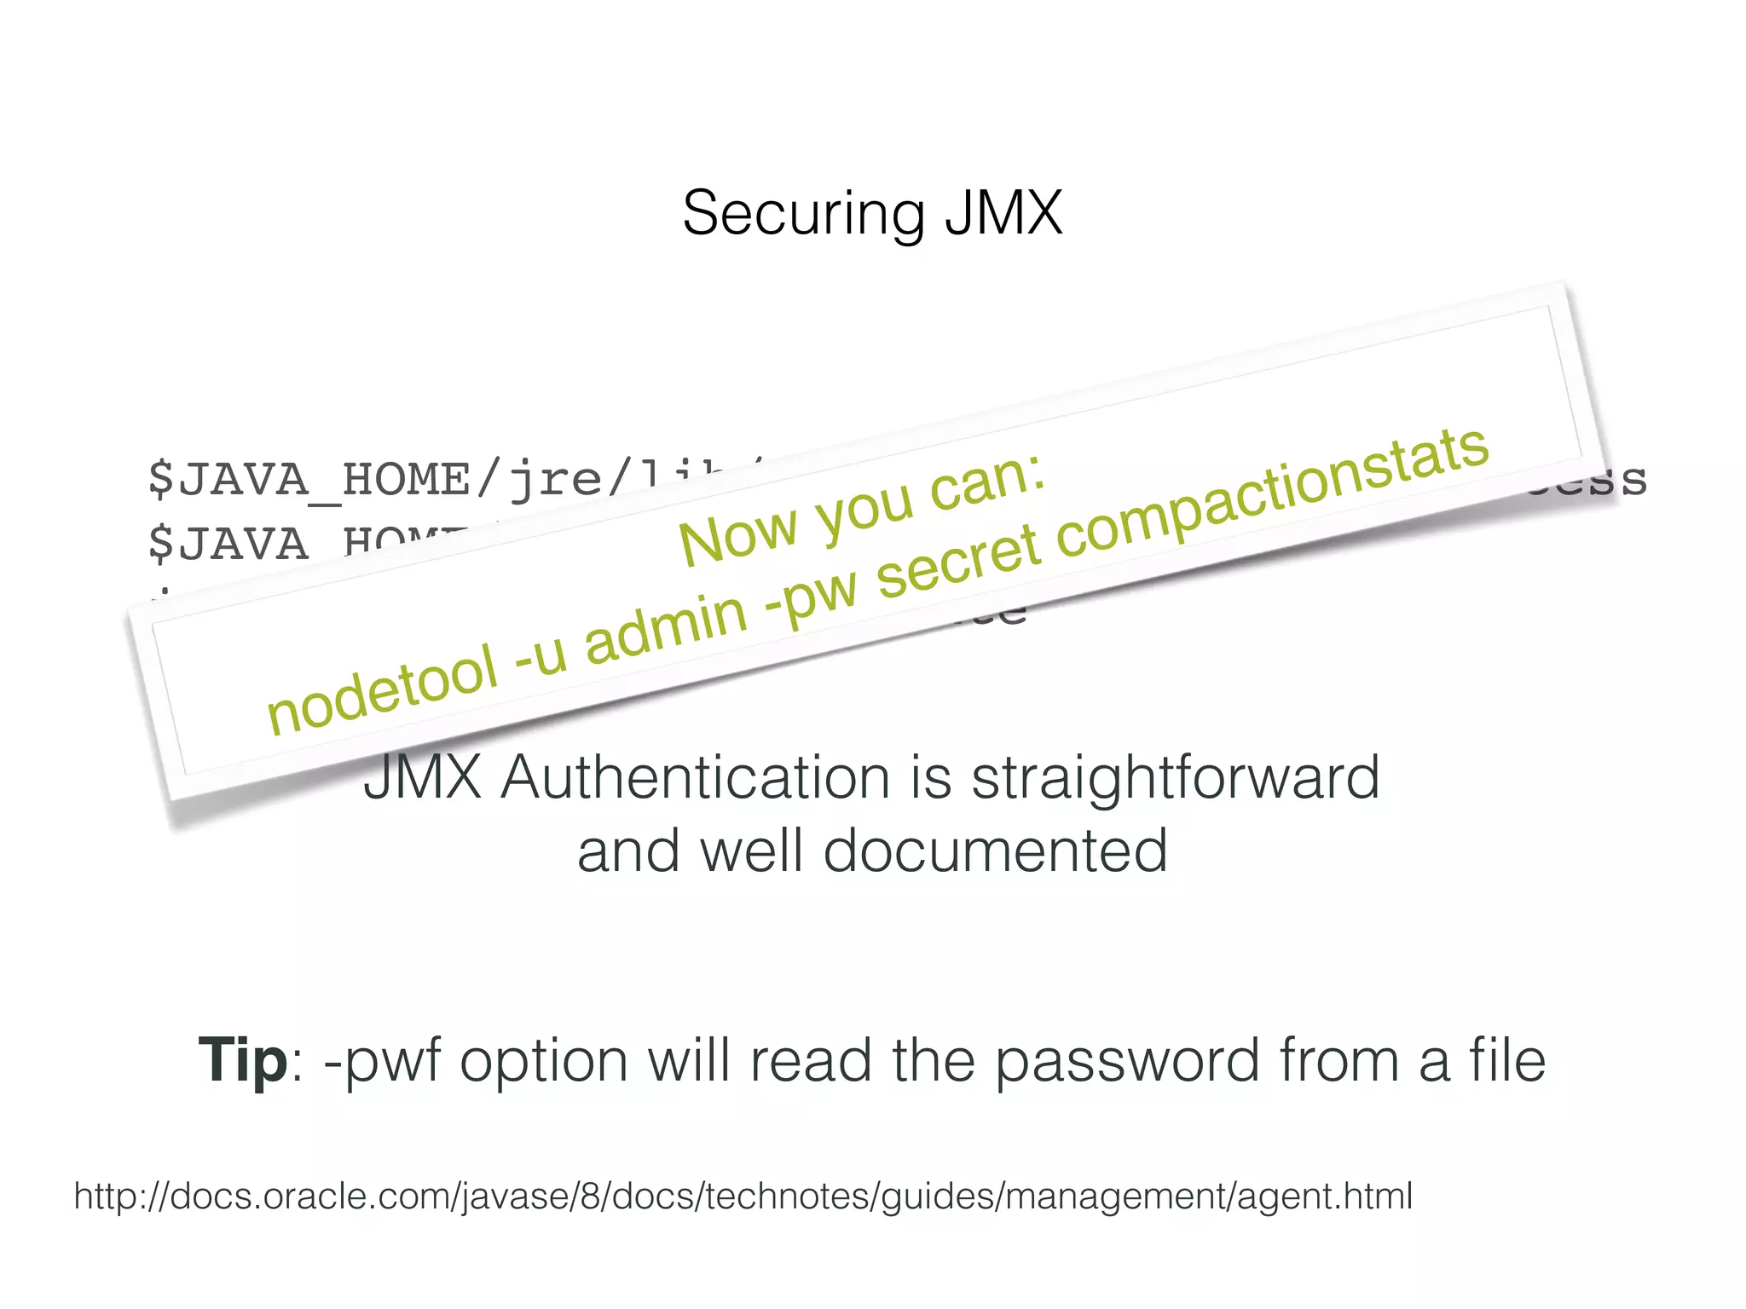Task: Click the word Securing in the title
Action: click(802, 214)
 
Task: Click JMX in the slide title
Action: click(1003, 213)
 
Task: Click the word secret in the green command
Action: click(958, 562)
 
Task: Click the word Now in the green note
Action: click(738, 537)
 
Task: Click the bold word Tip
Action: click(243, 1060)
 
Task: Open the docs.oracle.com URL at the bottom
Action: click(743, 1196)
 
